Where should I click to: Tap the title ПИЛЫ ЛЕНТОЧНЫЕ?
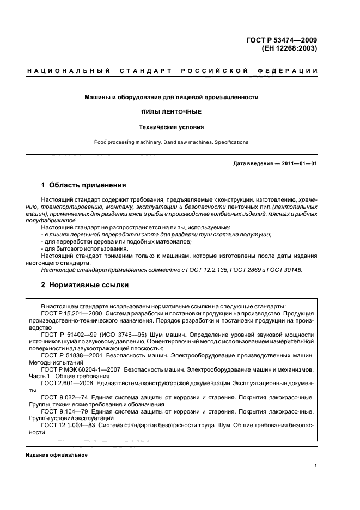click(x=171, y=112)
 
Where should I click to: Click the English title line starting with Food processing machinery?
click(x=171, y=142)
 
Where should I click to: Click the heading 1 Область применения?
click(x=84, y=185)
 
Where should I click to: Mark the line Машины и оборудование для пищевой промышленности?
click(x=171, y=97)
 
